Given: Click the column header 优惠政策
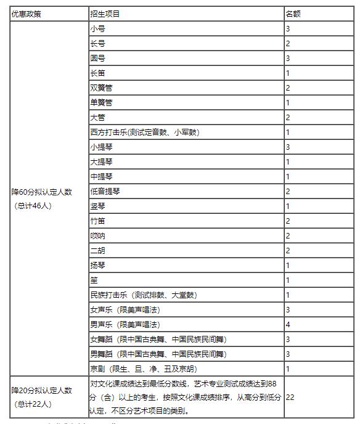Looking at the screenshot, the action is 27,14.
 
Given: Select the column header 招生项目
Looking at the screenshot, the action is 105,14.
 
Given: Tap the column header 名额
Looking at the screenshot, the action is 293,14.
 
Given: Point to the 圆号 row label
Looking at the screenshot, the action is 97,59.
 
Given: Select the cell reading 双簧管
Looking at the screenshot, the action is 101,88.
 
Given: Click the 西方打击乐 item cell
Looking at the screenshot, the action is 144,132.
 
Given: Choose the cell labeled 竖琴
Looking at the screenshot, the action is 97,206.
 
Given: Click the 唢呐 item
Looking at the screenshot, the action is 97,236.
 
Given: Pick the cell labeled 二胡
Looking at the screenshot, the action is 97,251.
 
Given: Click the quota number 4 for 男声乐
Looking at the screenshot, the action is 288,325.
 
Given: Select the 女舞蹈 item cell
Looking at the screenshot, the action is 158,340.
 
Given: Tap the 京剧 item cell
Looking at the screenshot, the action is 144,369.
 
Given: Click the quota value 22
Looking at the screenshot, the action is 290,397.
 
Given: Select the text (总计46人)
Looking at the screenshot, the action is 33,206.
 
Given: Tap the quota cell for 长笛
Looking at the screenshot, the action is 288,73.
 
